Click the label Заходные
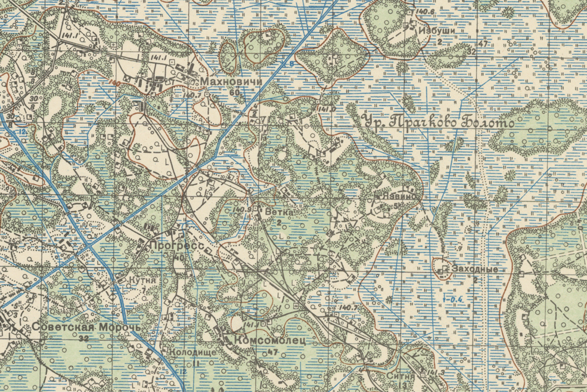click(474, 269)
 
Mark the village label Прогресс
click(177, 245)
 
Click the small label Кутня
click(142, 279)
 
